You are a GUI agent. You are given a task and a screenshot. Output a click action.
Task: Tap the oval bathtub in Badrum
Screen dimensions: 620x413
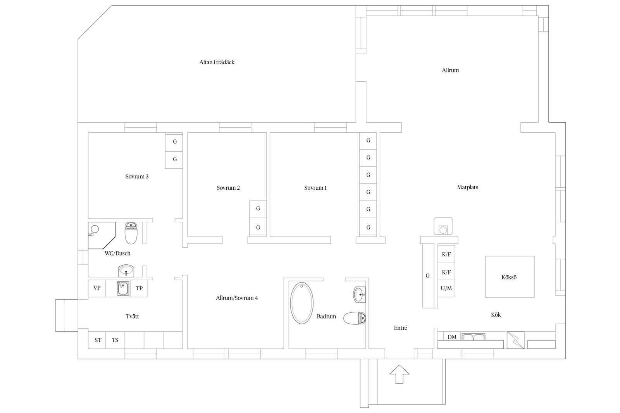(302, 303)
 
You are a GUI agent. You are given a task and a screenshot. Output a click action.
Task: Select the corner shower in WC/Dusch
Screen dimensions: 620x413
(101, 235)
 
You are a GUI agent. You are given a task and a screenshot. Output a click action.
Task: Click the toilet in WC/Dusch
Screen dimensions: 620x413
(131, 233)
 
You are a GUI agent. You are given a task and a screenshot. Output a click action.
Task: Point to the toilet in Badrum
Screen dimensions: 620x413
(355, 318)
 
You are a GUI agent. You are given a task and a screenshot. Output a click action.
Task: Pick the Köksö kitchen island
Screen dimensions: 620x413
(510, 277)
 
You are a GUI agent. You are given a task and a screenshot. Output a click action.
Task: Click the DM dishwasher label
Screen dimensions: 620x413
(452, 337)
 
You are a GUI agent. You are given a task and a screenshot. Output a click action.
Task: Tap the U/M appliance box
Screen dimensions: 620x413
(446, 288)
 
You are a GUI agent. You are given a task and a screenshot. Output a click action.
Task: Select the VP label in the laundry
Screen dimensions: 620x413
(97, 288)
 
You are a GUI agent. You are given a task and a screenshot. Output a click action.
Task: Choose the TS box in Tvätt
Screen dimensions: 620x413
(115, 340)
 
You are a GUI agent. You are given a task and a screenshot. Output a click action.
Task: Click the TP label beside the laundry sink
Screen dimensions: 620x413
(139, 288)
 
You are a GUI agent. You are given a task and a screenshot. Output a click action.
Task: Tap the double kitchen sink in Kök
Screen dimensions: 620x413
(473, 337)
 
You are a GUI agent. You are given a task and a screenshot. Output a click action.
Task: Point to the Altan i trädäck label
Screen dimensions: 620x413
(217, 62)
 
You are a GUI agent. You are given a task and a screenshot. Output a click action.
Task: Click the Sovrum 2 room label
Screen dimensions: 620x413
(228, 188)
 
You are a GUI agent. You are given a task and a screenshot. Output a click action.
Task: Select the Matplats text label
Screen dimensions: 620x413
(467, 187)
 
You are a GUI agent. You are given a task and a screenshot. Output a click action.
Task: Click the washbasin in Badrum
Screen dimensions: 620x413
(360, 295)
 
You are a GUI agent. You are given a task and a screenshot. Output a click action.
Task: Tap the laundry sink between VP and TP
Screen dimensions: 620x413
(123, 289)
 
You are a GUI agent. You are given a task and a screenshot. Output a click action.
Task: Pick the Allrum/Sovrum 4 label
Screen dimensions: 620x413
(237, 298)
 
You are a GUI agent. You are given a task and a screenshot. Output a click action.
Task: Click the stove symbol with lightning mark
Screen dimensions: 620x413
(515, 340)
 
